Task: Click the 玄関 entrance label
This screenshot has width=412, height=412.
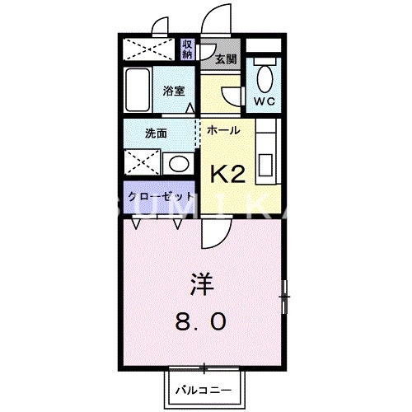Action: (226, 59)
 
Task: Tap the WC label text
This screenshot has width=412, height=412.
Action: (264, 101)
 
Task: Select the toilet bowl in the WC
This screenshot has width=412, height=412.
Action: (264, 79)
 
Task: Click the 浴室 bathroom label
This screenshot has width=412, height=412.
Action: (173, 91)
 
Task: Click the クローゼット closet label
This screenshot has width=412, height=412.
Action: (160, 197)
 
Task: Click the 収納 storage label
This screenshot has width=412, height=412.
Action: (189, 49)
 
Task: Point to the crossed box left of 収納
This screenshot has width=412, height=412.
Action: (149, 49)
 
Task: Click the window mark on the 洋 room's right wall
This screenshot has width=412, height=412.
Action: (285, 293)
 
